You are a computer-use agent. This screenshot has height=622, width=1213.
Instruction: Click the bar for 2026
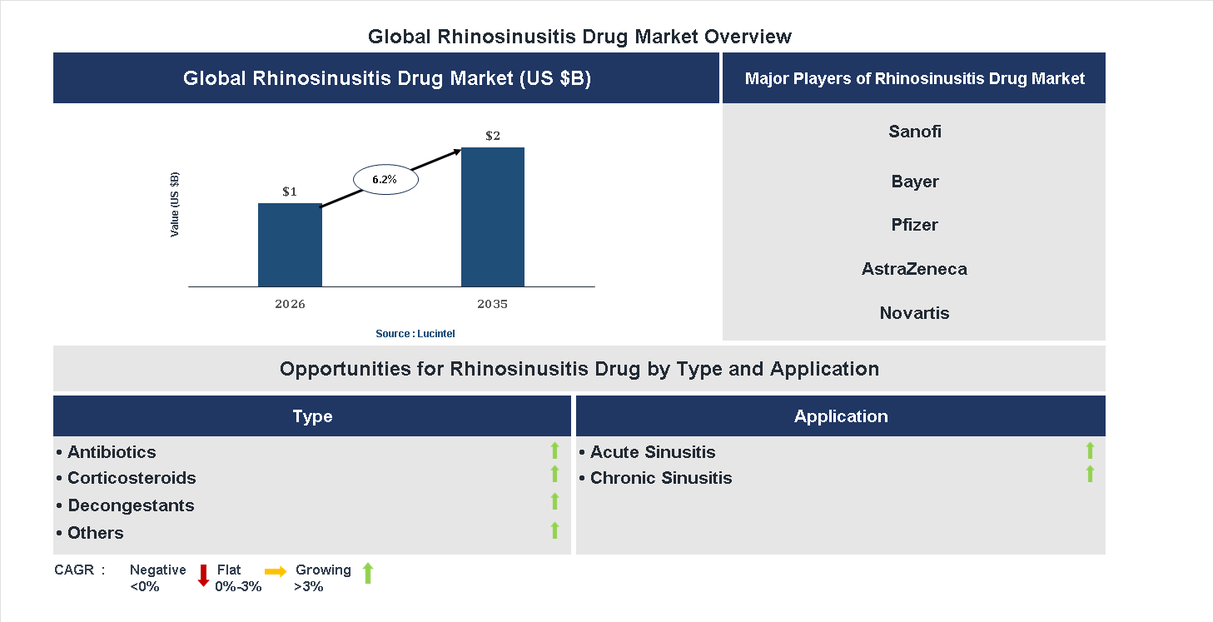(x=290, y=245)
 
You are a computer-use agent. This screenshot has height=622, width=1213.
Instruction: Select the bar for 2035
(x=493, y=217)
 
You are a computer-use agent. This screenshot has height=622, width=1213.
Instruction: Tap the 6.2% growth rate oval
(x=385, y=180)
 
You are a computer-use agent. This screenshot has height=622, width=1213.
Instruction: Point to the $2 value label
(x=493, y=136)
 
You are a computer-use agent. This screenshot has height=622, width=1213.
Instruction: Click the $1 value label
(x=290, y=192)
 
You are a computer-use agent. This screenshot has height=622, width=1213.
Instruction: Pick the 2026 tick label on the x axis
(x=290, y=304)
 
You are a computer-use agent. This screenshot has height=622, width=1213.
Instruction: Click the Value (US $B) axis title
(x=175, y=205)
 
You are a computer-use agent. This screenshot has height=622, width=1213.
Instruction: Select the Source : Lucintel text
(x=415, y=334)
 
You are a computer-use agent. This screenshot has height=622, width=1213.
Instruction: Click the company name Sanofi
(x=914, y=132)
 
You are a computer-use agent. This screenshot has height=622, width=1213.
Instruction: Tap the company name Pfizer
(x=914, y=225)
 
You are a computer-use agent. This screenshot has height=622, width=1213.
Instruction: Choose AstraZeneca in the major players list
(x=914, y=269)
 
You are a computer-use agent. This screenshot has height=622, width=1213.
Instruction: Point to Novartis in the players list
(x=914, y=313)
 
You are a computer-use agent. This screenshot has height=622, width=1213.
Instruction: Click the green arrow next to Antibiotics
(x=554, y=451)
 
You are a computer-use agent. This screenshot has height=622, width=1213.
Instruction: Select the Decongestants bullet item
(x=130, y=505)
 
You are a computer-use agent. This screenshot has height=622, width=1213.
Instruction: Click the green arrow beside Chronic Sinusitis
(x=1090, y=475)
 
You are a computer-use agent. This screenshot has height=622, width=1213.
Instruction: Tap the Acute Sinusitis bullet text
(x=652, y=452)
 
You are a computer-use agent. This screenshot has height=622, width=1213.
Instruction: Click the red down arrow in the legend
(x=203, y=575)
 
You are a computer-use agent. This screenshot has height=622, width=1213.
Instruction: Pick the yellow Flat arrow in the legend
(x=276, y=571)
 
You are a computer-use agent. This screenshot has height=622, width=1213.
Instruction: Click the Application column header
(x=840, y=416)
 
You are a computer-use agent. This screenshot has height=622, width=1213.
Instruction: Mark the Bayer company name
(x=914, y=182)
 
